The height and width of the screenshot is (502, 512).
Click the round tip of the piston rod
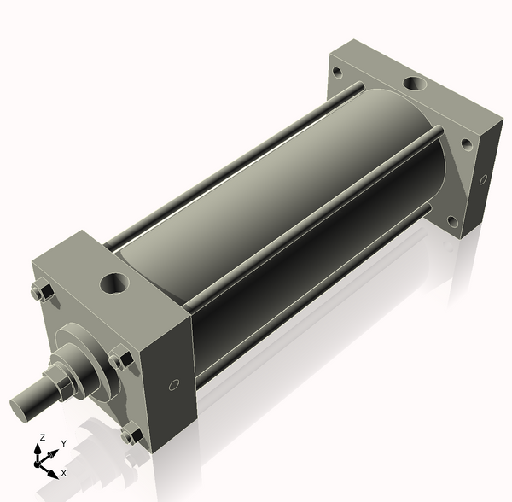23,404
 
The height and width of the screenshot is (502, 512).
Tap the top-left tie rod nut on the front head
39,294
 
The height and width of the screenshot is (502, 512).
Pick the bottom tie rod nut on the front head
130,436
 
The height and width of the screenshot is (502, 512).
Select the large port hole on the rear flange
416,85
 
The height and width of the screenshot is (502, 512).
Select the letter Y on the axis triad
62,445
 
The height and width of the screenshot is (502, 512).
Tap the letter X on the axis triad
64,472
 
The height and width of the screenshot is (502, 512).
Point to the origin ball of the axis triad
38,462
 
